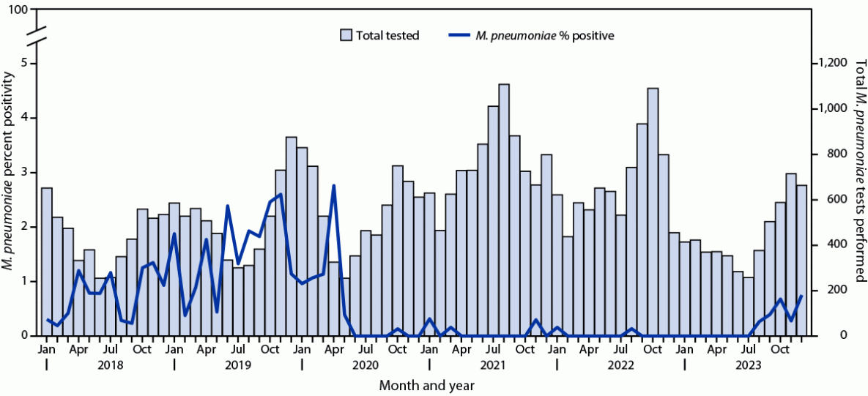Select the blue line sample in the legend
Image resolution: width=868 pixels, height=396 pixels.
click(x=462, y=35)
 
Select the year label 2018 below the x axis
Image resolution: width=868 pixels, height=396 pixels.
click(x=110, y=365)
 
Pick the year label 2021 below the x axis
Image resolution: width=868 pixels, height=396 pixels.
click(x=493, y=365)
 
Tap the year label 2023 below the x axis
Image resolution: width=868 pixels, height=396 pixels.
click(x=748, y=365)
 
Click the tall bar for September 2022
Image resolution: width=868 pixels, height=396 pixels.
click(x=653, y=212)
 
